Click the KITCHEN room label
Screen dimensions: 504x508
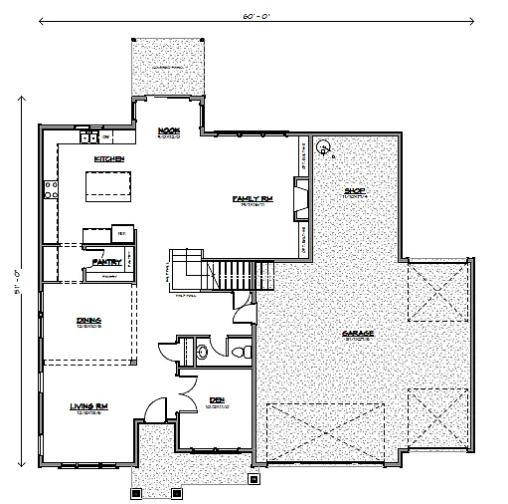click(107, 158)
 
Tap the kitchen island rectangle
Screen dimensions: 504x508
click(108, 184)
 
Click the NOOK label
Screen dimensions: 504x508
click(167, 130)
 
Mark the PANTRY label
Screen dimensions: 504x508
click(106, 262)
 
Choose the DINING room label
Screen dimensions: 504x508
click(89, 320)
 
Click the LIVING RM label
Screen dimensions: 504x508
click(87, 406)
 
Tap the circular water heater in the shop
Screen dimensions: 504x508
click(323, 147)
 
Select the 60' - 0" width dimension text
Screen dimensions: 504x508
click(255, 17)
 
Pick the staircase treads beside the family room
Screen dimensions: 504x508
click(239, 271)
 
